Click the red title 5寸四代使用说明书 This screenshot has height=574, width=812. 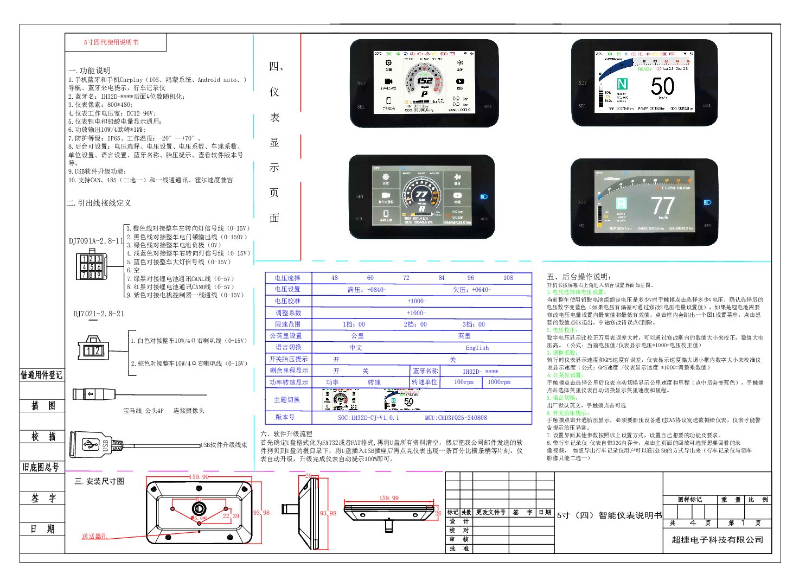click(x=111, y=42)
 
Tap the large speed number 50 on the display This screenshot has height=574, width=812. click(x=662, y=87)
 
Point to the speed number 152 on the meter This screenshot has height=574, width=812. click(x=424, y=81)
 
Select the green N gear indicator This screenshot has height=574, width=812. click(x=622, y=84)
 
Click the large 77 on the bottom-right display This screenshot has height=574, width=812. click(x=662, y=206)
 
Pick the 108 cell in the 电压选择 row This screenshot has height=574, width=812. click(x=508, y=278)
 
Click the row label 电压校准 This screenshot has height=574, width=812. click(x=287, y=301)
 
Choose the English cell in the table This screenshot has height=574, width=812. click(x=477, y=348)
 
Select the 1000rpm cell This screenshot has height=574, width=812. click(x=498, y=382)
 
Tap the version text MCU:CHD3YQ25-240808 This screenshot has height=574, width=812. click(x=456, y=418)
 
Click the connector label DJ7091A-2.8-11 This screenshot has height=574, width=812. click(x=96, y=241)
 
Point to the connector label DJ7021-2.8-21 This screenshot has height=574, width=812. click(x=98, y=314)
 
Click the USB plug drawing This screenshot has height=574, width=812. click(x=91, y=445)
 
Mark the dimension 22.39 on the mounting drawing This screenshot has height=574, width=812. click(x=231, y=516)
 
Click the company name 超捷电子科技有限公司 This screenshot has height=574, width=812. click(x=717, y=540)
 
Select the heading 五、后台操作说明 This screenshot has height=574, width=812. click(x=579, y=277)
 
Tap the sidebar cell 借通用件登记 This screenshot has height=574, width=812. click(x=42, y=375)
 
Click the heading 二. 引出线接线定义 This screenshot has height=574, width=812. click(x=99, y=203)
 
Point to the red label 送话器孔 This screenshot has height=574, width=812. click(x=94, y=536)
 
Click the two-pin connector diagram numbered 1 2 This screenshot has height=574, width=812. click(x=93, y=349)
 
